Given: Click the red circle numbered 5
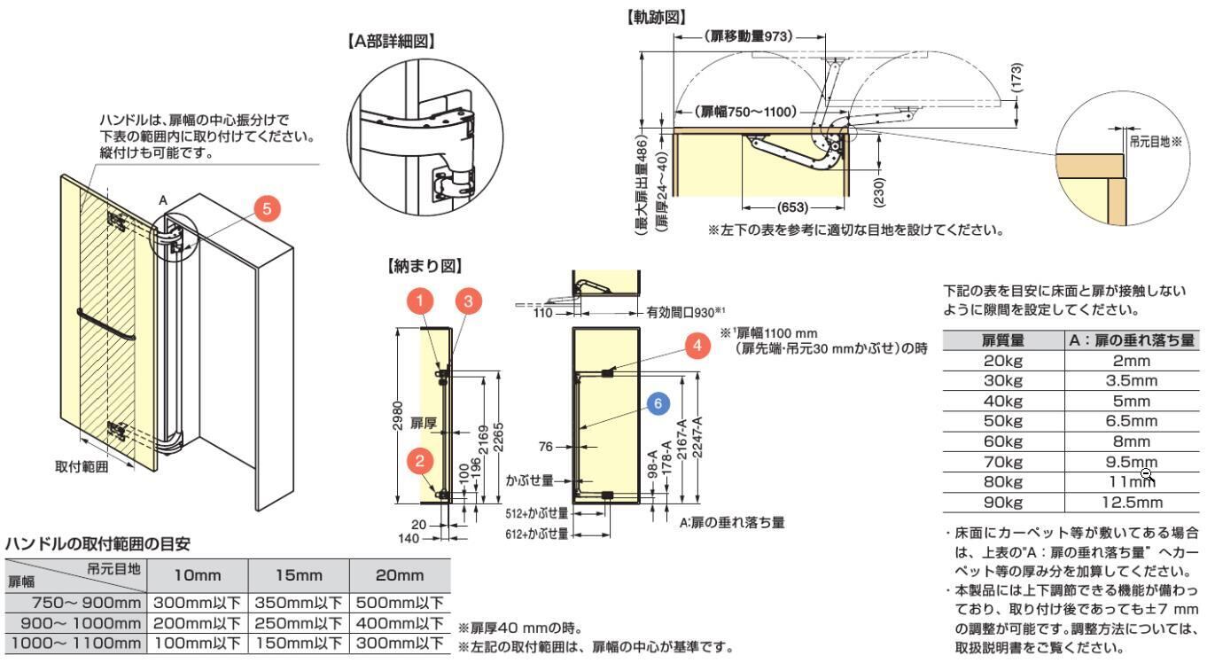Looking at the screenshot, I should [268, 208].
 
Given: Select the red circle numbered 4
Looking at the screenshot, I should [700, 346].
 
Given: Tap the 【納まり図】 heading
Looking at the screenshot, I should [417, 264].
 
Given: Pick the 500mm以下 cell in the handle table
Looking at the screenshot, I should [401, 602].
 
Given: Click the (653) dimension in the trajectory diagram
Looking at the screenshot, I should [791, 209].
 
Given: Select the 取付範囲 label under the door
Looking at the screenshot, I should [81, 467].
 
